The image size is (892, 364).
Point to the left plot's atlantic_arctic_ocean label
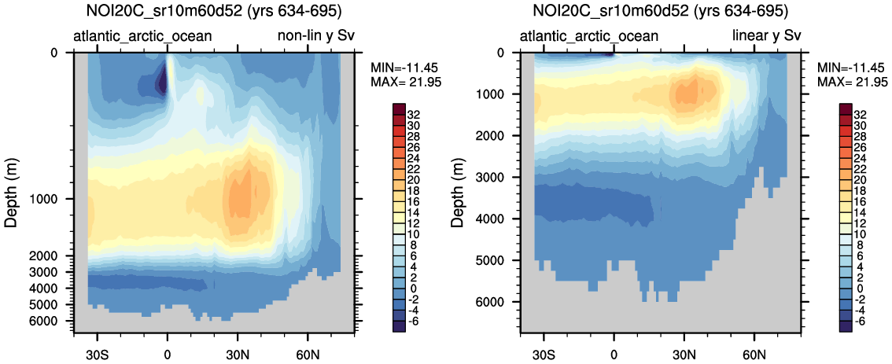click(142, 36)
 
